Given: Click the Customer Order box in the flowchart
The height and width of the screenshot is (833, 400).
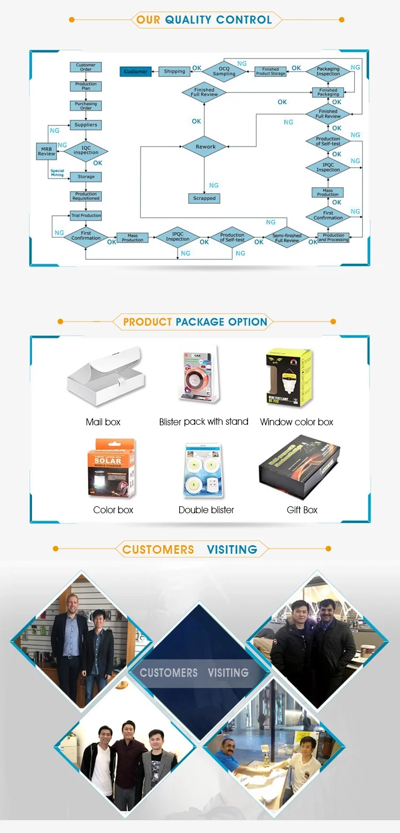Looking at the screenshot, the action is (x=86, y=67).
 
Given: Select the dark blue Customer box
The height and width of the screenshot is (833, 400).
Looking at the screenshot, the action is (x=135, y=71).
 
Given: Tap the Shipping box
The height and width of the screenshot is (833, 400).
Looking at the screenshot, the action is (x=174, y=71).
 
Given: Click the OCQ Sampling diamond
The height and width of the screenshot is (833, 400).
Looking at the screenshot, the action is (x=224, y=71).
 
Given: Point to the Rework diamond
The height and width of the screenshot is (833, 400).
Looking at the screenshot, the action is (x=205, y=147).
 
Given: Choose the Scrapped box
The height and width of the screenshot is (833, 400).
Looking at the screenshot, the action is (x=204, y=198).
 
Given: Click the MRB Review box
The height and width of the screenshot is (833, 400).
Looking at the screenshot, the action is (x=46, y=151).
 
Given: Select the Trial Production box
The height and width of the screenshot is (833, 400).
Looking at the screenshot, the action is (x=86, y=216).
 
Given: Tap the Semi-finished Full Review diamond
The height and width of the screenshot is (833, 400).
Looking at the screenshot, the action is (x=287, y=238).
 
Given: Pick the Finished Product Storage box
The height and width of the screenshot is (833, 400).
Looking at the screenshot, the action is (x=270, y=71).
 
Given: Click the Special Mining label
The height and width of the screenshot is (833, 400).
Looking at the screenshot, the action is (x=57, y=173).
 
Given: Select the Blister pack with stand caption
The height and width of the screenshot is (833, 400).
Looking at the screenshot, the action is (x=204, y=422).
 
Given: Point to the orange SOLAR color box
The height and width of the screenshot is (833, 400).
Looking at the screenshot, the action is (x=111, y=467).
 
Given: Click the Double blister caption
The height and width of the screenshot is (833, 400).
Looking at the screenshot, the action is (x=206, y=510).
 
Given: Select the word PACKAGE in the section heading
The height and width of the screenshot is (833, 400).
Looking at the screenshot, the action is (x=199, y=322).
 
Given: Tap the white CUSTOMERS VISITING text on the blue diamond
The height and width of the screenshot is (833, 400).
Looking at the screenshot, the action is (x=194, y=673).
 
